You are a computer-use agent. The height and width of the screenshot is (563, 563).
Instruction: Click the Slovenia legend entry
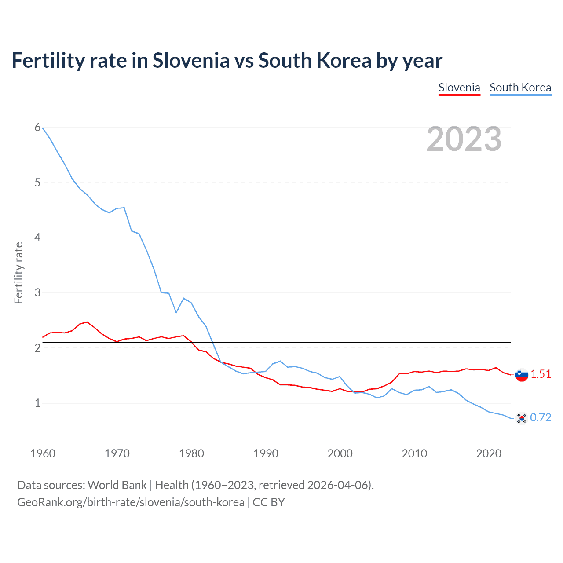point(459,88)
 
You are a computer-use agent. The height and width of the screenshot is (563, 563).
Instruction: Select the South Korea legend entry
point(520,88)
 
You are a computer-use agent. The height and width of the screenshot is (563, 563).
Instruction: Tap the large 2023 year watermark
point(464,139)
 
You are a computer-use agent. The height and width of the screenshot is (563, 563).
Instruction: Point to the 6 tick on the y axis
point(37,128)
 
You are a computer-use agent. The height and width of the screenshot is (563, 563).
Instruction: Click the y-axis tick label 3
point(37,292)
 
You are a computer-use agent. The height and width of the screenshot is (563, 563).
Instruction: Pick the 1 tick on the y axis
point(37,403)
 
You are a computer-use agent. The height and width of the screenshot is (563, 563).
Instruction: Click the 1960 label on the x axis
point(43,453)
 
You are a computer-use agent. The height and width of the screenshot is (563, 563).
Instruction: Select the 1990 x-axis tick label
point(266,453)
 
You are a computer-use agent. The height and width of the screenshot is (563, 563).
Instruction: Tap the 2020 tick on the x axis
point(489,453)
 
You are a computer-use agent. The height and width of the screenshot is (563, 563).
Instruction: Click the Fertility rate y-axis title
point(18,273)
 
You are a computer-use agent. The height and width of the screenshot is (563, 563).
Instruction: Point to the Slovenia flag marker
point(522,375)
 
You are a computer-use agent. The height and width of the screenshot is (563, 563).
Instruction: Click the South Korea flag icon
point(522,418)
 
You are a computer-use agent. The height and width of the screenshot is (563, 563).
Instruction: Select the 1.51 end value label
point(541,374)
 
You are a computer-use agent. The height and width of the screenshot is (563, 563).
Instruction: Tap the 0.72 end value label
point(541,417)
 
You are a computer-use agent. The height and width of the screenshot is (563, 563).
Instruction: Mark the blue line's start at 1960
point(43,128)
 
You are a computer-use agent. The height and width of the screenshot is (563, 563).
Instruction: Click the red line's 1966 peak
point(87,322)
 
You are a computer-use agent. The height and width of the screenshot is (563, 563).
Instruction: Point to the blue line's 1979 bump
point(183,298)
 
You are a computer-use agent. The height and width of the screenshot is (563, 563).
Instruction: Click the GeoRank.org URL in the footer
point(131,502)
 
